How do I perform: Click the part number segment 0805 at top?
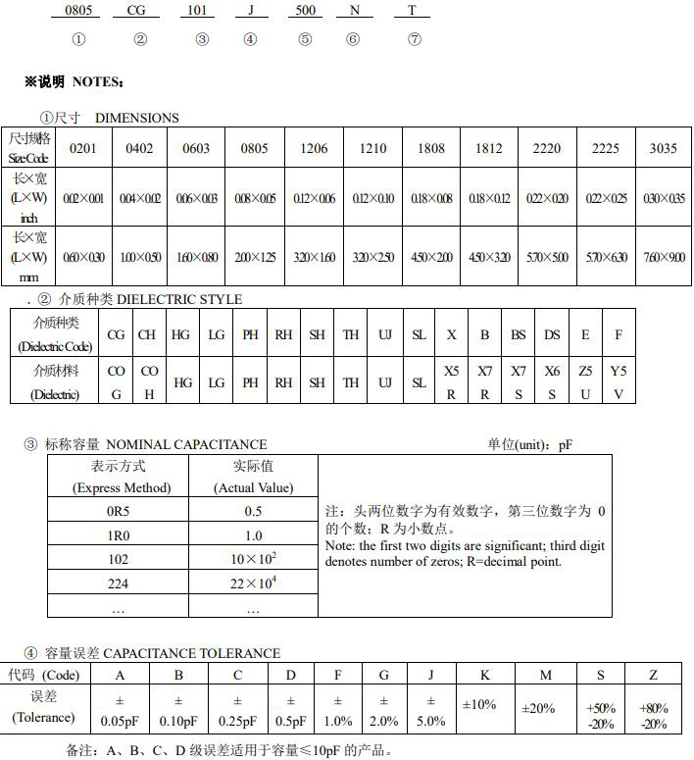point(78,10)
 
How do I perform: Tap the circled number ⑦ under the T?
point(414,39)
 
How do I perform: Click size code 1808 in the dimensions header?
point(430,148)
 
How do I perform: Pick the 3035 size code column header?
point(663,148)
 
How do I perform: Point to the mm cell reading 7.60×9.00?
point(663,257)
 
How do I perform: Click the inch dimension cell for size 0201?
point(82,198)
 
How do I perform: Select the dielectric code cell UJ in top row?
point(385,334)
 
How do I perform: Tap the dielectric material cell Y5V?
point(619,382)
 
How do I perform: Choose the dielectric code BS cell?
point(519,334)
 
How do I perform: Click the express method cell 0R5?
point(118,511)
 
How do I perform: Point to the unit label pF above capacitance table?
point(566,444)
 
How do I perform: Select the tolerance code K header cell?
point(485,675)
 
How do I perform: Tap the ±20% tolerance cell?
point(538,707)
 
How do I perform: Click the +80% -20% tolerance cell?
point(654,715)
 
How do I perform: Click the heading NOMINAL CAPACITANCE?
point(186,444)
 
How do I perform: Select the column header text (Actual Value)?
point(253,487)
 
